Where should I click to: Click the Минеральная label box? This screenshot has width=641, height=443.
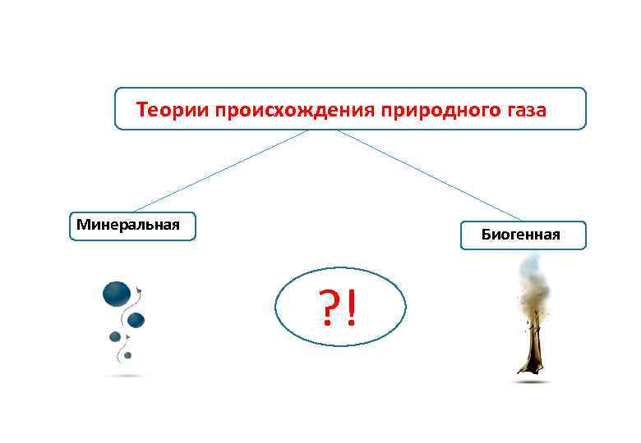(132, 226)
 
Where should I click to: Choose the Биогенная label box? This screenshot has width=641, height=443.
(522, 235)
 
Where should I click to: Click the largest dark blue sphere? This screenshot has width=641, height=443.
(117, 293)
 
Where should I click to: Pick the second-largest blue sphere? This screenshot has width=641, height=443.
(136, 319)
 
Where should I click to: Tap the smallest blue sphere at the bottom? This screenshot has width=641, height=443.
(127, 355)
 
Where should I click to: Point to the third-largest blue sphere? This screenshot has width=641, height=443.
(115, 336)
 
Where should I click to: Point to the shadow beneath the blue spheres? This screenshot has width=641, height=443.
(125, 376)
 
